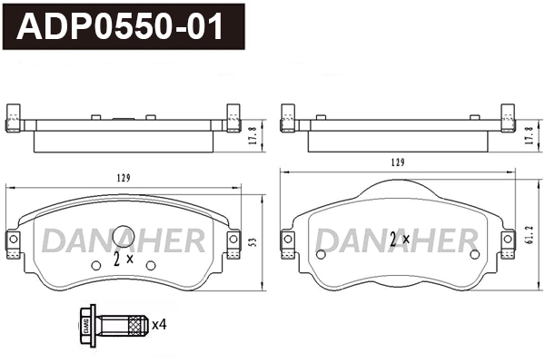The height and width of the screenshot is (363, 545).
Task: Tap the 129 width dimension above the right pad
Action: (x=396, y=162)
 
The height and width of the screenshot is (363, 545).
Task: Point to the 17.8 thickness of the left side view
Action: (x=253, y=134)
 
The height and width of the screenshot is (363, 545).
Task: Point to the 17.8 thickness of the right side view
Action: (x=528, y=134)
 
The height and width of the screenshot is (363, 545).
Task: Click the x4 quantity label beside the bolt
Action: (x=159, y=324)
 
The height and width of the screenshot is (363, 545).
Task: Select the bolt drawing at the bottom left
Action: (x=113, y=324)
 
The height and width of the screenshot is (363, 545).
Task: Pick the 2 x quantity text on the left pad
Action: (x=123, y=259)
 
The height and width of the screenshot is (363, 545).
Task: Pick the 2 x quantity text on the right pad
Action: (x=400, y=240)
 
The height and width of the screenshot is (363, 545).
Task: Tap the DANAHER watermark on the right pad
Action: (x=396, y=240)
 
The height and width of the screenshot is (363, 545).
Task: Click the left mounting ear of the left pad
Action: (x=14, y=240)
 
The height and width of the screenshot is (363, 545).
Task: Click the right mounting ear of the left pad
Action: (x=233, y=240)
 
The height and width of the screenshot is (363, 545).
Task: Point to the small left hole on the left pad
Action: (x=96, y=265)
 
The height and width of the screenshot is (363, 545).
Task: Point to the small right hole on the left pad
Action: (x=151, y=265)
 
